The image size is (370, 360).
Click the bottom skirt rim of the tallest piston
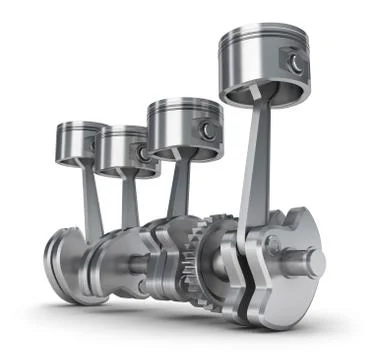click(256, 100)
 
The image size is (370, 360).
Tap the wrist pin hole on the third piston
click(206, 131)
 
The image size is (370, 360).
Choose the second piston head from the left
click(127, 133)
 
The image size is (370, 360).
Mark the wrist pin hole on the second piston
click(145, 153)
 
